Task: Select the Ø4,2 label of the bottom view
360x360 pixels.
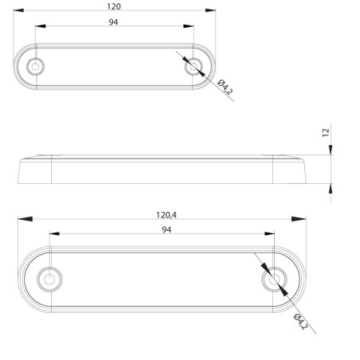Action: tap(299, 322)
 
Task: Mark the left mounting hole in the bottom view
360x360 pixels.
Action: tap(49, 280)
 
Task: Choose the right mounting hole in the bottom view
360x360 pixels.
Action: tap(276, 280)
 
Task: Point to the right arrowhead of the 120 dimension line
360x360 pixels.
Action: tap(210, 11)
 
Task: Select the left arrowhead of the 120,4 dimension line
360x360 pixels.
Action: tap(23, 219)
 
